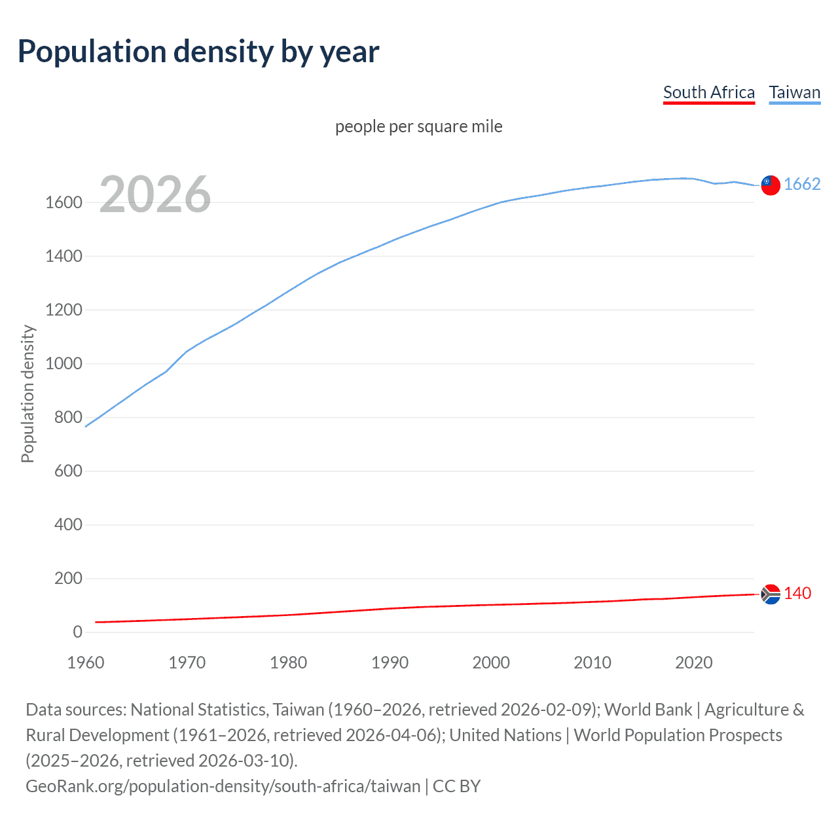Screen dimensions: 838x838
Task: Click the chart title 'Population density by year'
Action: pyautogui.click(x=198, y=52)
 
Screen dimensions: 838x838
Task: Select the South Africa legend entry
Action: pyautogui.click(x=709, y=92)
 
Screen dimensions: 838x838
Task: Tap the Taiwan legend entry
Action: pyautogui.click(x=794, y=92)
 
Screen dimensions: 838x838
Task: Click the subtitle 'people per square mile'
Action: pyautogui.click(x=418, y=126)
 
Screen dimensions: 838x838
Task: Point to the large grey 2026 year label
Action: pyautogui.click(x=155, y=194)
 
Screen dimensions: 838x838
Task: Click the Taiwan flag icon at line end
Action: pyautogui.click(x=771, y=185)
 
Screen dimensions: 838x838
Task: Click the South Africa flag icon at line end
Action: pyautogui.click(x=771, y=594)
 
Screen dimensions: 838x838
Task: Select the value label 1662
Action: pyautogui.click(x=802, y=185)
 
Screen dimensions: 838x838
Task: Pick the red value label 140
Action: pyautogui.click(x=797, y=593)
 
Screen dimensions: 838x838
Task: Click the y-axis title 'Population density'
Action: pyautogui.click(x=27, y=394)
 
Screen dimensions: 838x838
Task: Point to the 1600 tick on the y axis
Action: pyautogui.click(x=64, y=203)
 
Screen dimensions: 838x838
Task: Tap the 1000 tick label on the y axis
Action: pyautogui.click(x=64, y=364)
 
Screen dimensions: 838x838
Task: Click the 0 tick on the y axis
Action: pyautogui.click(x=77, y=632)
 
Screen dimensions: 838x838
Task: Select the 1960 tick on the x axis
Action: pyautogui.click(x=86, y=663)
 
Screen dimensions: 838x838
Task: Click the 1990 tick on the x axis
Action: pyautogui.click(x=390, y=663)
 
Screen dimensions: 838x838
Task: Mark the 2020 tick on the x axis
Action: pyautogui.click(x=693, y=663)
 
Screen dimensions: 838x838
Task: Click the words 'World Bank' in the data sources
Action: pyautogui.click(x=647, y=710)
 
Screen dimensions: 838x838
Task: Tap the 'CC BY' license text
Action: pyautogui.click(x=457, y=786)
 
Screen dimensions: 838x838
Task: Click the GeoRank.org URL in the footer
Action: pyautogui.click(x=223, y=786)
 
